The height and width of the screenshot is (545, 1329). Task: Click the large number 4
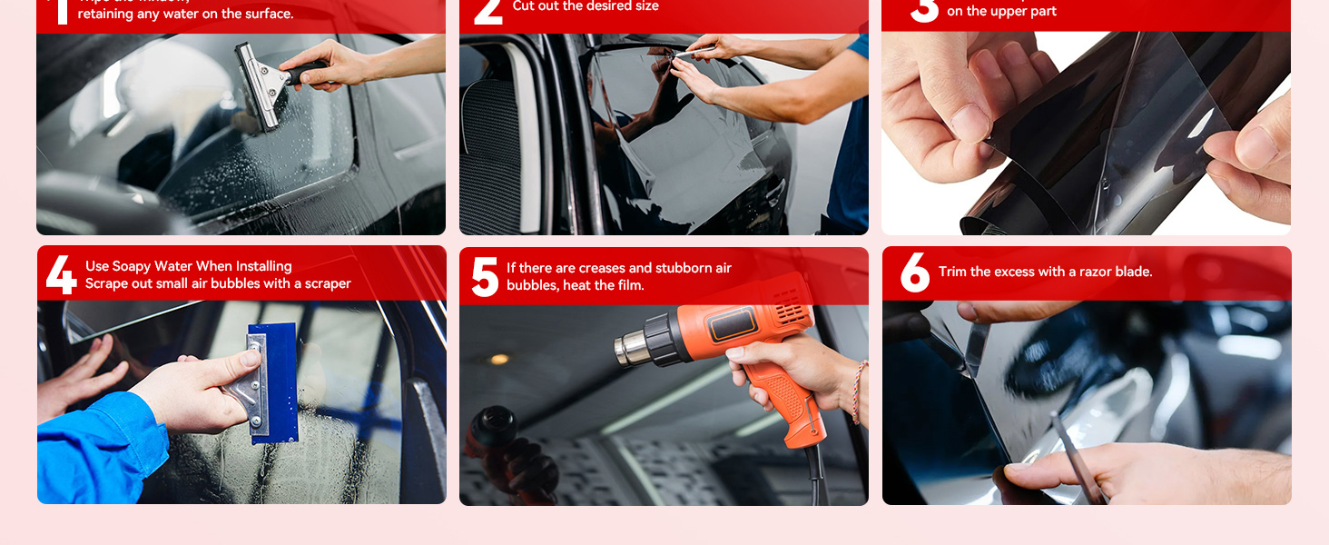pos(60,274)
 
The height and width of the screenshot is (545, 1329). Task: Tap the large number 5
pos(485,276)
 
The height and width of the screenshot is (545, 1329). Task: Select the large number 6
pos(914,272)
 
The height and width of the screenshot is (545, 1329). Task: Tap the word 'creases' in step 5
pos(600,268)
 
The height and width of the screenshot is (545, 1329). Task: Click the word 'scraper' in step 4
pos(328,283)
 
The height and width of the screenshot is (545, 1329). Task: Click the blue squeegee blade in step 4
pos(275,381)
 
